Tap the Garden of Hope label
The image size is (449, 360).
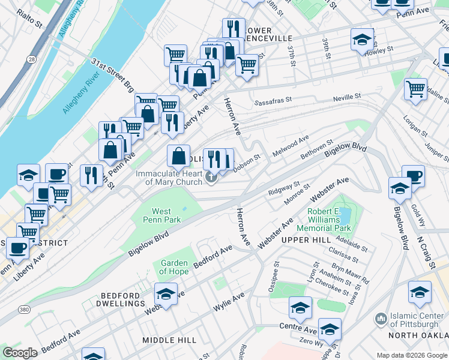174,268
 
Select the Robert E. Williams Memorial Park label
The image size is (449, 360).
329,220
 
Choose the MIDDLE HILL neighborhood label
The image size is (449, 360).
169,340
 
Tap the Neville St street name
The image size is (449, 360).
348,96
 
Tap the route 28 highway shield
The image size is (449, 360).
31,58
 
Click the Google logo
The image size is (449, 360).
20,353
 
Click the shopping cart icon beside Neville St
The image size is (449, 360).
415,89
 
